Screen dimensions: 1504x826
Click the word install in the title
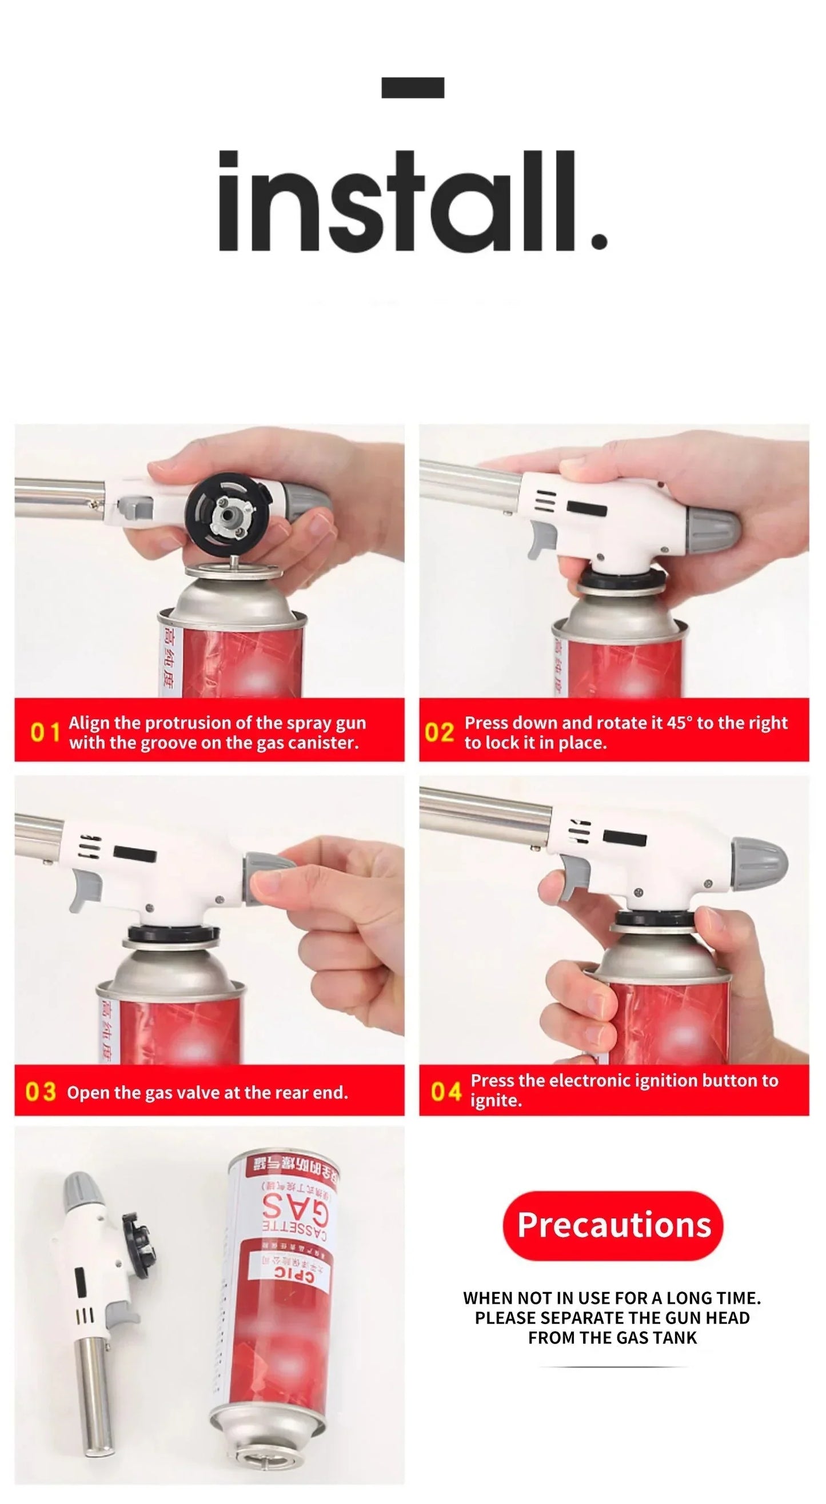click(x=412, y=202)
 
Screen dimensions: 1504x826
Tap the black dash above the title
click(x=412, y=87)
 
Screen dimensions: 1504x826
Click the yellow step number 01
click(x=45, y=732)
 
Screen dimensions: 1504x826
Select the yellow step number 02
click(x=439, y=732)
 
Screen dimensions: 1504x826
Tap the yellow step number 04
click(x=446, y=1091)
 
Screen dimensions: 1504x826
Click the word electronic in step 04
click(x=590, y=1081)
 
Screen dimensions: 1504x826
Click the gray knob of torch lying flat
click(x=77, y=1188)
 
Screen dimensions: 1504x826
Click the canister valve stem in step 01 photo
click(x=234, y=560)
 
